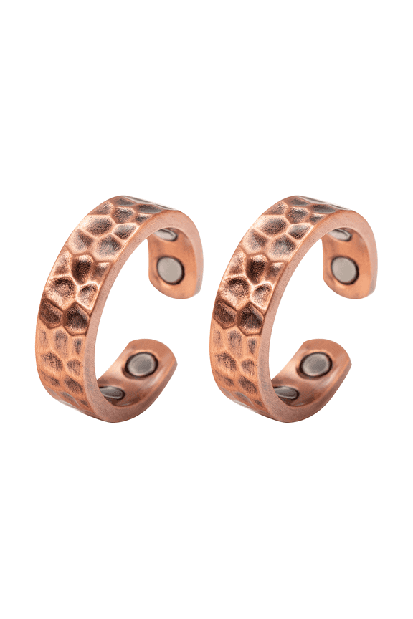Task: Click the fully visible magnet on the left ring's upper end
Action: click(170, 268)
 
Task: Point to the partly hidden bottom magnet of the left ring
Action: click(112, 392)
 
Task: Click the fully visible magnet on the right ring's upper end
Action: click(345, 269)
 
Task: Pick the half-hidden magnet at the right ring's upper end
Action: click(340, 235)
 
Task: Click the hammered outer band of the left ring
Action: click(79, 287)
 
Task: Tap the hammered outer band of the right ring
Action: click(253, 287)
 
